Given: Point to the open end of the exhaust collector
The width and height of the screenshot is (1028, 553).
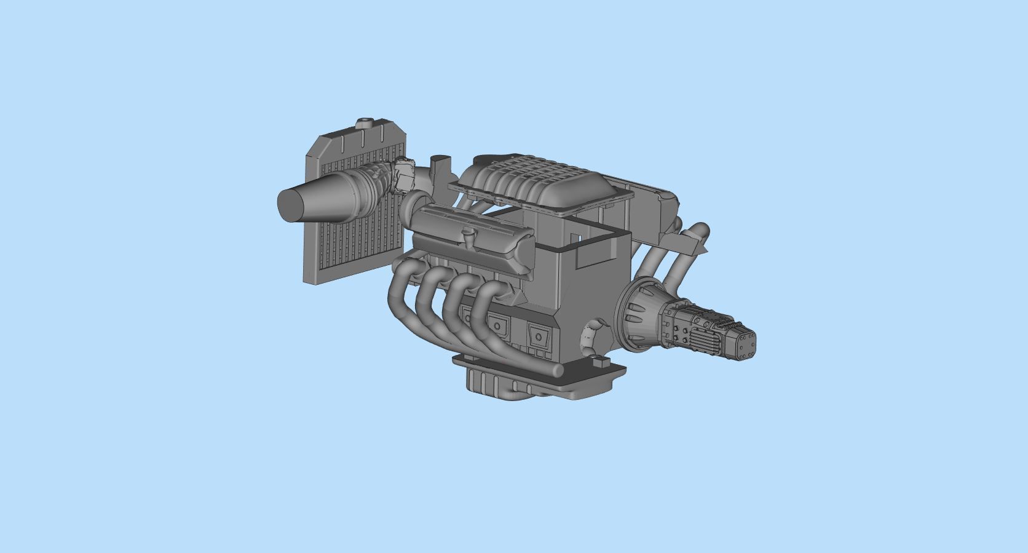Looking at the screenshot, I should pos(558,371).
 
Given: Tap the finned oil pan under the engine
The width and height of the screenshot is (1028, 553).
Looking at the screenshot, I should pos(492,384).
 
